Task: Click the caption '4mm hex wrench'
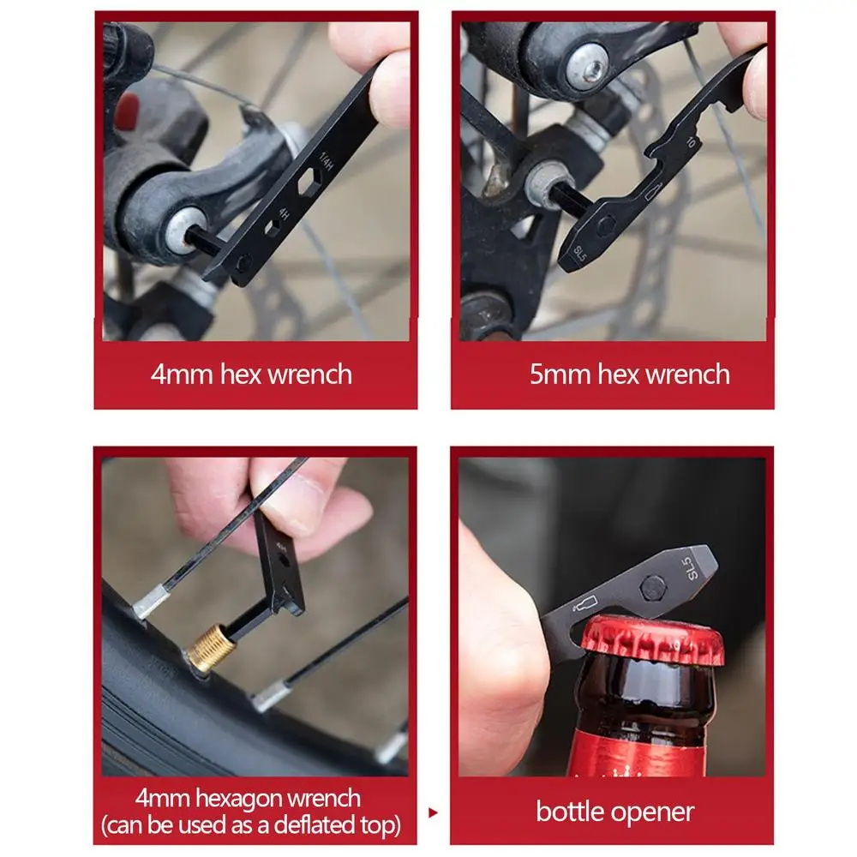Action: (x=251, y=375)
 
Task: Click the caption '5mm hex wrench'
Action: (x=630, y=375)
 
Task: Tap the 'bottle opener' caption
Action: (x=614, y=812)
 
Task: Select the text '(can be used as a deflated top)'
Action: (x=251, y=825)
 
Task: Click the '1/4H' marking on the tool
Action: (x=326, y=161)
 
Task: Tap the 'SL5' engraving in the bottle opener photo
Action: (x=691, y=568)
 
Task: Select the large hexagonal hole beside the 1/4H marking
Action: (x=309, y=181)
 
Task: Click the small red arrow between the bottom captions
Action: (x=433, y=812)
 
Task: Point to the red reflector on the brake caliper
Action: (x=128, y=111)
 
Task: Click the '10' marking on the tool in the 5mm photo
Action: (x=692, y=142)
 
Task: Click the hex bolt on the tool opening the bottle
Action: (x=652, y=588)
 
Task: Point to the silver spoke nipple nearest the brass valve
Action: (x=152, y=601)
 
